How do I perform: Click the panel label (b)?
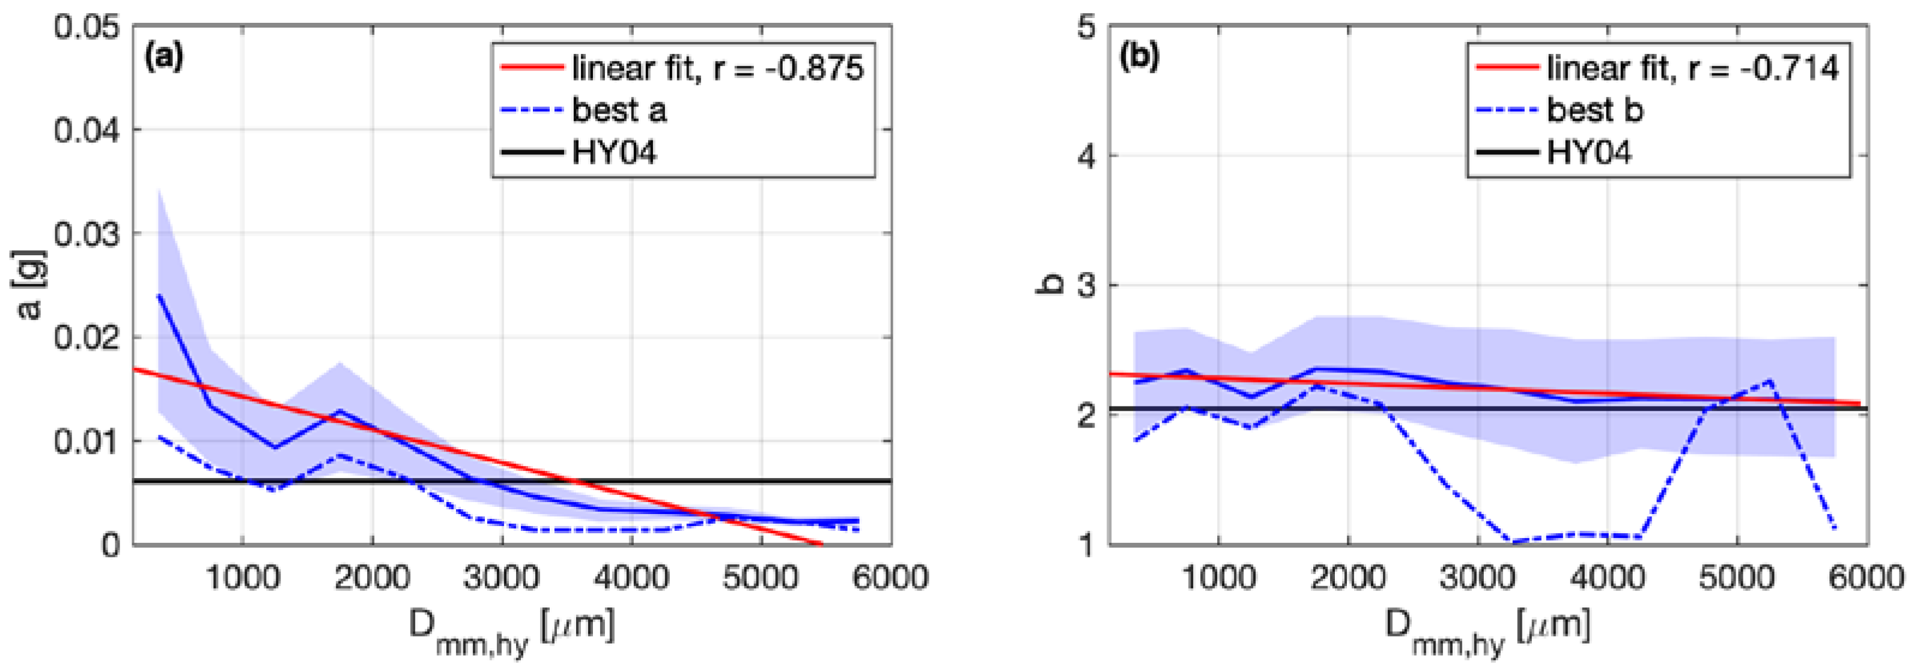point(1139,57)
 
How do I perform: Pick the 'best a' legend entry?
point(619,110)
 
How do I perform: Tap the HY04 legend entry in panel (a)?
point(614,153)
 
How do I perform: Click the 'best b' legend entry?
point(1594,110)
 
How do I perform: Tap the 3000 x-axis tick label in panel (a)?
point(502,578)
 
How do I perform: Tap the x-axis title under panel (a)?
point(512,629)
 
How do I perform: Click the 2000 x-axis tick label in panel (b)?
point(1347,578)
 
